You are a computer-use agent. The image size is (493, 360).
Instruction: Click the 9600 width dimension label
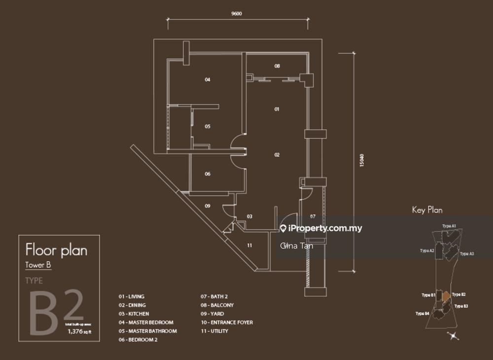237,14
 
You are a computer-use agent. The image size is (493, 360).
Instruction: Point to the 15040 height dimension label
362,161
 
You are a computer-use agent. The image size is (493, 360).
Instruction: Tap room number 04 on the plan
208,79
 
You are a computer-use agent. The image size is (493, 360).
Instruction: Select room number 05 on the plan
208,126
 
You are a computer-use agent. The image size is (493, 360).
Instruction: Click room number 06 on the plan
208,174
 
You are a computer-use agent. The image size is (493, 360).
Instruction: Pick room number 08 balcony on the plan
277,66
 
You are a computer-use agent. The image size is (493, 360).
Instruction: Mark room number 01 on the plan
277,109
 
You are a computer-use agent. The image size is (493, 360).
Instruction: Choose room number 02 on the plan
277,155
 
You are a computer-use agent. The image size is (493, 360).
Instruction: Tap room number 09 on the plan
208,206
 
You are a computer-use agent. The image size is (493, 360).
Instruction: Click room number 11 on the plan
250,245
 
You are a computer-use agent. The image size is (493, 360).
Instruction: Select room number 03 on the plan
249,216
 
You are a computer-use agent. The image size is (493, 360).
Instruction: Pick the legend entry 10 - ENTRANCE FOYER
226,323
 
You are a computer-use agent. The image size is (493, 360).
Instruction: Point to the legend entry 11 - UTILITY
214,331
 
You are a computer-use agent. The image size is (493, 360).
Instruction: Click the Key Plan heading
427,210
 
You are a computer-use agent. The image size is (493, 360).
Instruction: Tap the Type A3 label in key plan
467,253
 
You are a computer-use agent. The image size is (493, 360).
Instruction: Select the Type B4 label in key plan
422,314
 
